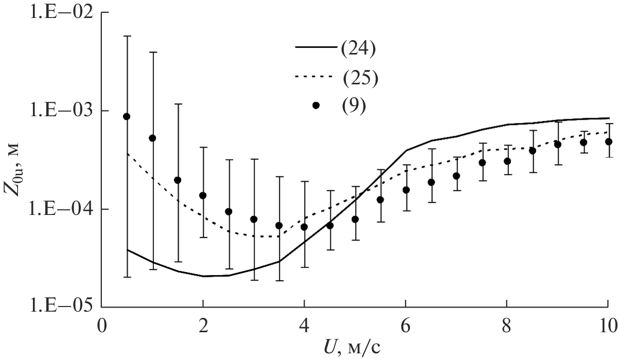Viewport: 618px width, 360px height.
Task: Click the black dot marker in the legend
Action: pos(316,105)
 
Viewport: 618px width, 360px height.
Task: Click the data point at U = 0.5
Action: pos(127,116)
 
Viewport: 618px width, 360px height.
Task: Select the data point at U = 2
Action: pos(203,195)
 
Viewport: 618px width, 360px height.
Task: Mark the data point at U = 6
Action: pos(405,190)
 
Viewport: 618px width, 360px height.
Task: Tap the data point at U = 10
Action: pos(609,141)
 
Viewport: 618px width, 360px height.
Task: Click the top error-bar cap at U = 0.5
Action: pos(127,36)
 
